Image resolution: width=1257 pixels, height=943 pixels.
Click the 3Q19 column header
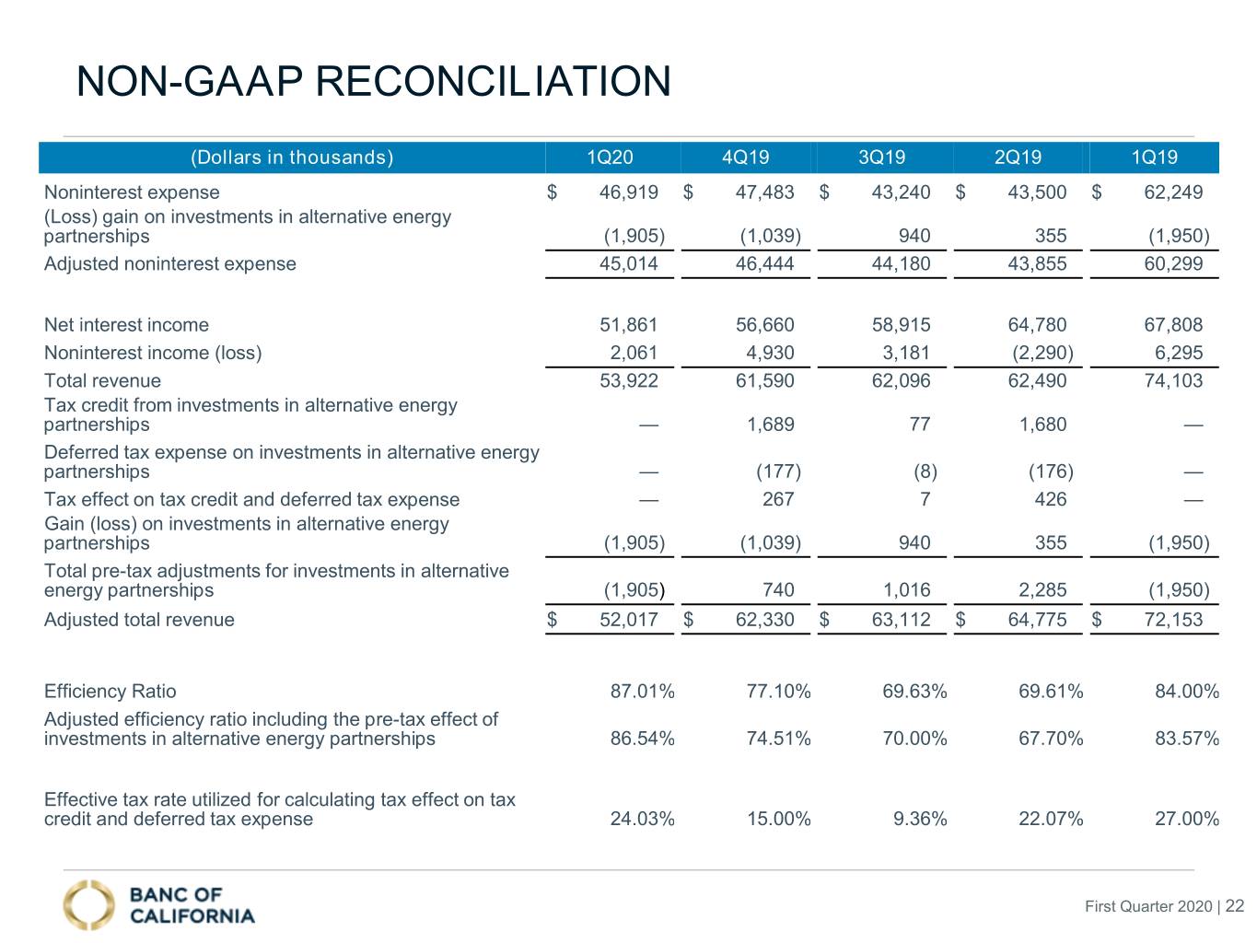pyautogui.click(x=880, y=157)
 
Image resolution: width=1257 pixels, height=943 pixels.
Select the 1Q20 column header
pyautogui.click(x=610, y=157)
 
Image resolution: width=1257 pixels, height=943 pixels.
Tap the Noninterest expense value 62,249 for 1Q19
pyautogui.click(x=1173, y=192)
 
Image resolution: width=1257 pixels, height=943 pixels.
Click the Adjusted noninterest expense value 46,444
pyautogui.click(x=764, y=264)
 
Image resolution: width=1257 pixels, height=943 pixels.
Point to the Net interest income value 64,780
pyautogui.click(x=1037, y=325)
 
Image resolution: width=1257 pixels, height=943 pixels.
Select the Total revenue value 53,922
pyautogui.click(x=628, y=380)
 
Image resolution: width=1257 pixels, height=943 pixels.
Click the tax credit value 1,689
pyautogui.click(x=770, y=425)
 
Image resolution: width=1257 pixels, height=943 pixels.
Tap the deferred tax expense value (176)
pyautogui.click(x=1051, y=471)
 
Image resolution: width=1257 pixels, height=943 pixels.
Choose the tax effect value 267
pyautogui.click(x=777, y=499)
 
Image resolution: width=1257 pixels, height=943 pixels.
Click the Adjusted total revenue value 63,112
pyautogui.click(x=901, y=620)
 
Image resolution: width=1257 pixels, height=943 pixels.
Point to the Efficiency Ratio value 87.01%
pyautogui.click(x=642, y=691)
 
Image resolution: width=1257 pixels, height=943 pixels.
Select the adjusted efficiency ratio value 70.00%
pyautogui.click(x=914, y=738)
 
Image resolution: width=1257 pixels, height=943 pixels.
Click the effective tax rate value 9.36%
pyautogui.click(x=920, y=819)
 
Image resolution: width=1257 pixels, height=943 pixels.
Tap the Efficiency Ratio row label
pyautogui.click(x=110, y=691)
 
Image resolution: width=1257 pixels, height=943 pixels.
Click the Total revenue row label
pyautogui.click(x=102, y=380)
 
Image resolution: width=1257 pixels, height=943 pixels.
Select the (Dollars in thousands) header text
pyautogui.click(x=292, y=157)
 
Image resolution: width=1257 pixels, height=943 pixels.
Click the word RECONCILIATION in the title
pyautogui.click(x=493, y=81)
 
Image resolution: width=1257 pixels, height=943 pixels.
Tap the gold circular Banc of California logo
pyautogui.click(x=88, y=904)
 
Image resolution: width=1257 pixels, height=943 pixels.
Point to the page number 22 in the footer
pyautogui.click(x=1235, y=906)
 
